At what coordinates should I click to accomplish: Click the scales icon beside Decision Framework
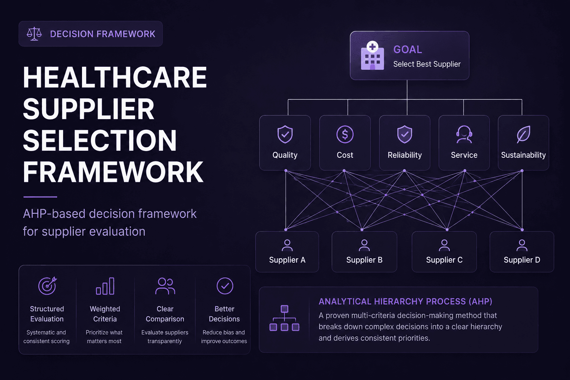34,34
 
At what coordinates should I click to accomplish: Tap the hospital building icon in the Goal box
372,56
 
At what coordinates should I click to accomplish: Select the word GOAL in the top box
408,49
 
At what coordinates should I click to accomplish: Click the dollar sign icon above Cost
345,134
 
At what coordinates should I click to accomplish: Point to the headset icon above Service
464,134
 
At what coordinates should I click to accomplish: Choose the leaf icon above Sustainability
524,134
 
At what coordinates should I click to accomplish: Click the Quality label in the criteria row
285,155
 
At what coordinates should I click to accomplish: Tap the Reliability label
404,155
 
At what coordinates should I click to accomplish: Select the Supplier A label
287,260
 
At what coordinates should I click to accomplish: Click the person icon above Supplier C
444,245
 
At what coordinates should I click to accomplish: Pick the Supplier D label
522,260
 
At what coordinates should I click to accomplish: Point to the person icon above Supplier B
364,245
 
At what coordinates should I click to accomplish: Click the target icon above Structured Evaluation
47,286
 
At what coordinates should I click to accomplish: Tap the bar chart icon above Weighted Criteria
105,286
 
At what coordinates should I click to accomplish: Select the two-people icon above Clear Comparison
165,286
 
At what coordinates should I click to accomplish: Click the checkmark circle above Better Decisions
225,286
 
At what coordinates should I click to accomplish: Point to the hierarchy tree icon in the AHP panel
284,318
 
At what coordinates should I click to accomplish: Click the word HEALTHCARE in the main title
115,77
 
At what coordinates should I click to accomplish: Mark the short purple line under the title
40,197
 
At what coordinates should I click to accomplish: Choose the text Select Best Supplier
427,64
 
